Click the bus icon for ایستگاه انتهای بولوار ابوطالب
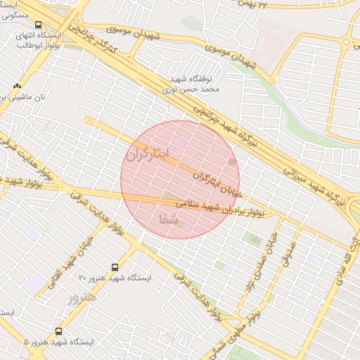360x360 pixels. pyautogui.click(x=39, y=25)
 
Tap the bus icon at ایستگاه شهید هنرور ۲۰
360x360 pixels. pyautogui.click(x=115, y=267)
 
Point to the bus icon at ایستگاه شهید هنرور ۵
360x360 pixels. pyautogui.click(x=58, y=330)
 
